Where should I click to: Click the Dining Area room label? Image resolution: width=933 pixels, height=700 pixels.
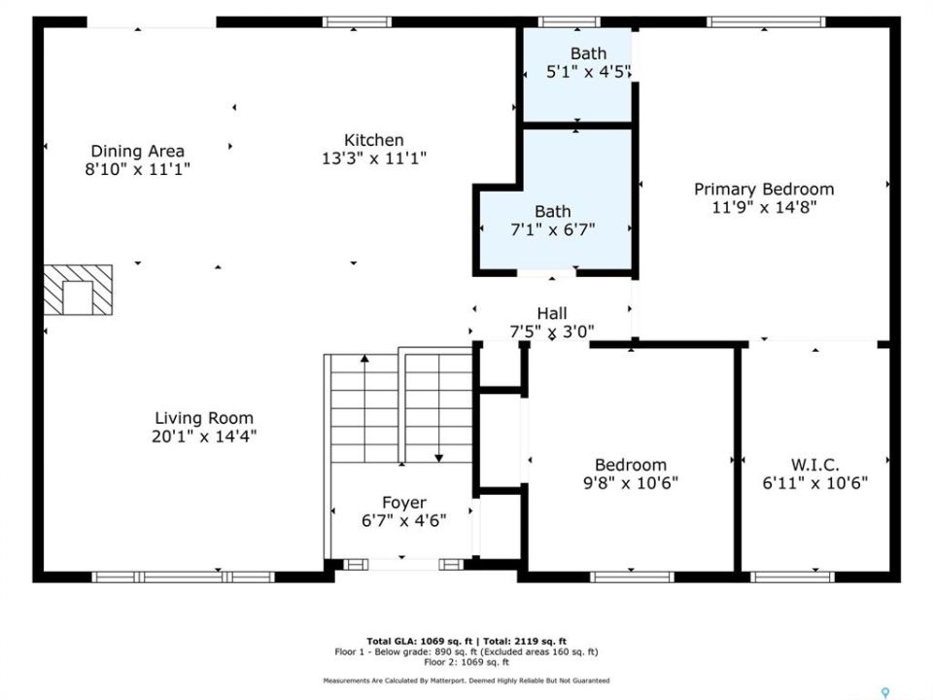[x=137, y=152]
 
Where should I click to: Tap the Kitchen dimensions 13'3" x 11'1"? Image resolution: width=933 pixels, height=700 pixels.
[x=374, y=158]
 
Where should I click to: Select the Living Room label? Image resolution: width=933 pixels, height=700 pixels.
[x=204, y=418]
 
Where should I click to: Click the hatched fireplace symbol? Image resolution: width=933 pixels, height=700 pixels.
[x=78, y=290]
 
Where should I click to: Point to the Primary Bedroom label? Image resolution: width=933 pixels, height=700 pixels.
[x=764, y=190]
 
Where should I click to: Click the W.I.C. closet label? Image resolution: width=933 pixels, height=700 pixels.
[x=815, y=465]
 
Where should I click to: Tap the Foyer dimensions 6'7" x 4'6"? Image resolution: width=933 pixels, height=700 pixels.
[x=404, y=521]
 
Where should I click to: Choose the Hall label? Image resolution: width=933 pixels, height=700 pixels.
[x=552, y=313]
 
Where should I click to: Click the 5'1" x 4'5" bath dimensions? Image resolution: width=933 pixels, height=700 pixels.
[x=589, y=72]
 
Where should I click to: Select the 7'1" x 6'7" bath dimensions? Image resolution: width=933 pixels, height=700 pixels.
[x=553, y=229]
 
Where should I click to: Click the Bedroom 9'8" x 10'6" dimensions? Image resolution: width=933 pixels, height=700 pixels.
[x=631, y=483]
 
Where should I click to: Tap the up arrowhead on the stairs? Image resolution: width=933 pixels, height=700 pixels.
[x=364, y=359]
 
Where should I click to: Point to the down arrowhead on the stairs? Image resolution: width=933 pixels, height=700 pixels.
[x=438, y=458]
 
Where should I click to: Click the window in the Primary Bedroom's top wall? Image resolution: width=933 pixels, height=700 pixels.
[x=766, y=22]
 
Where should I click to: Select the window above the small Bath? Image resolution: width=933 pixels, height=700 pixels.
[x=570, y=22]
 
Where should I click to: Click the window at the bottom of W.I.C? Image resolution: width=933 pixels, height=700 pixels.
[x=792, y=577]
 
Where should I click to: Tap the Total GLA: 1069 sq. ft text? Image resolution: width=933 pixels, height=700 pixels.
[x=420, y=641]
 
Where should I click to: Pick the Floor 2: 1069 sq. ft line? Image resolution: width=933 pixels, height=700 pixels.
[x=466, y=662]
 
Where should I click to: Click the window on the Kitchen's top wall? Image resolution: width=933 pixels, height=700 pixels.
[x=357, y=22]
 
